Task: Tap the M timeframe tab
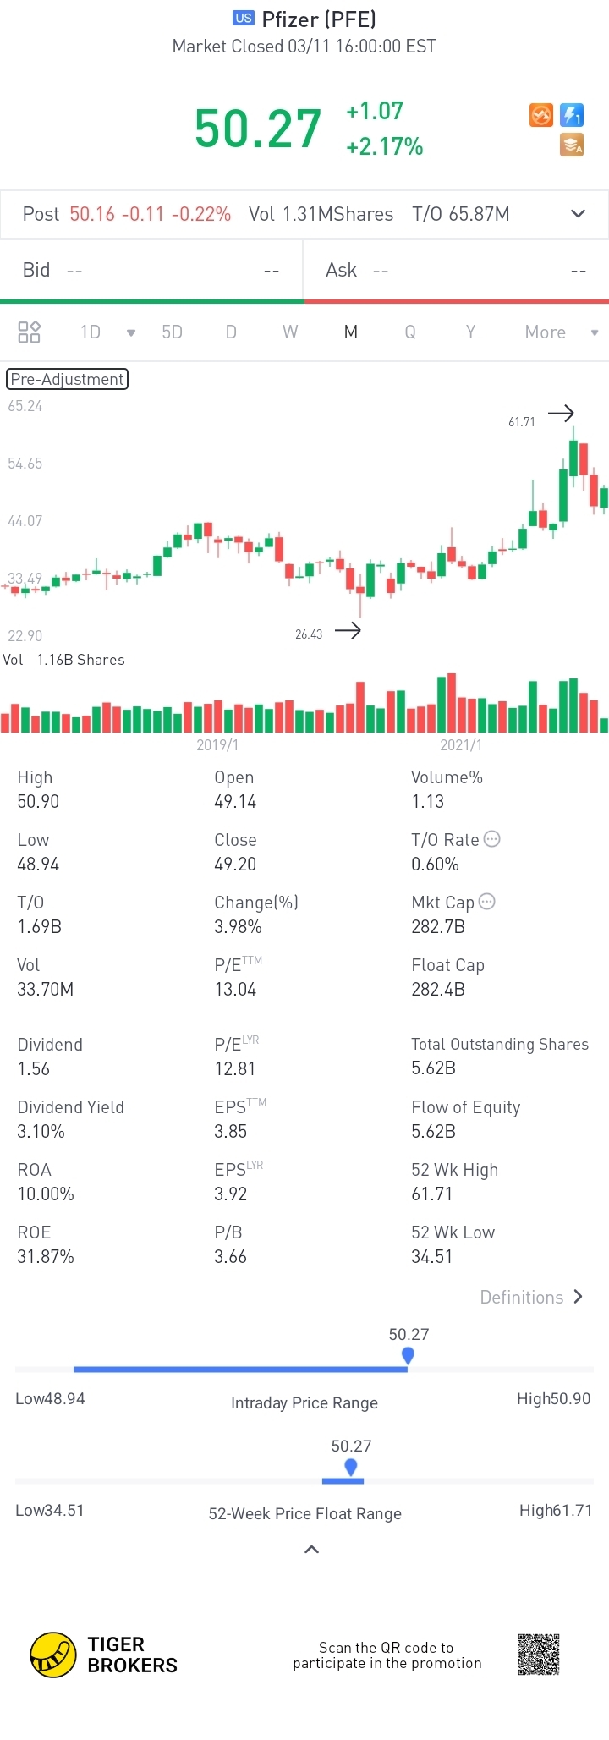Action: point(350,332)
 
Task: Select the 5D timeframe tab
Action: point(172,332)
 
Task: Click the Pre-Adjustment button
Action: point(68,379)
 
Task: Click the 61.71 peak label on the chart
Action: point(522,422)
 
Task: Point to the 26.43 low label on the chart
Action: point(309,634)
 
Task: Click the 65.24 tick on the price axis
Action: point(25,406)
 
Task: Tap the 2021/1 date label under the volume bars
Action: point(461,745)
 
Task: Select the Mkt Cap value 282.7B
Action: point(438,926)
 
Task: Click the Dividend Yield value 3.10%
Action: point(41,1131)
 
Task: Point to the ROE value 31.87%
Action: point(46,1256)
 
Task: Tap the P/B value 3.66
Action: point(230,1256)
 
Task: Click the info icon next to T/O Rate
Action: point(492,839)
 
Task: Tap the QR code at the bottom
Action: point(539,1655)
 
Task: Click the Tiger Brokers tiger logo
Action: point(53,1655)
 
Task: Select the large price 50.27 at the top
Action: point(258,129)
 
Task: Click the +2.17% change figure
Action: point(385,146)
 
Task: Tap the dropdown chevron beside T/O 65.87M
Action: point(579,213)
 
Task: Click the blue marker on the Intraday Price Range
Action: point(408,1355)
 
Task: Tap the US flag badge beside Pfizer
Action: point(244,19)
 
